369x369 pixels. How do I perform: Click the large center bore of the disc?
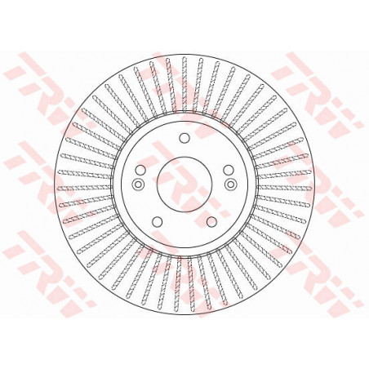tap(184, 184)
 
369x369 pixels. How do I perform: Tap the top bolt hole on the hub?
tap(184, 138)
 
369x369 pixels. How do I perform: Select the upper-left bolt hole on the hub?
tap(140, 170)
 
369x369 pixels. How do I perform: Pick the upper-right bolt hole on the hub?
tap(229, 170)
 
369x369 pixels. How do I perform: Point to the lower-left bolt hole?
tap(157, 221)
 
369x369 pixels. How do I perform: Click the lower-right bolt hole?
tap(211, 221)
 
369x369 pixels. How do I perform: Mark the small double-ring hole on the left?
tap(137, 184)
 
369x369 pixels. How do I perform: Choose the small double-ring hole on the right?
tap(231, 184)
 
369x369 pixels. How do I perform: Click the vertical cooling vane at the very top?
tap(184, 84)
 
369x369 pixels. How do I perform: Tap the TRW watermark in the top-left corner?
tap(49, 92)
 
